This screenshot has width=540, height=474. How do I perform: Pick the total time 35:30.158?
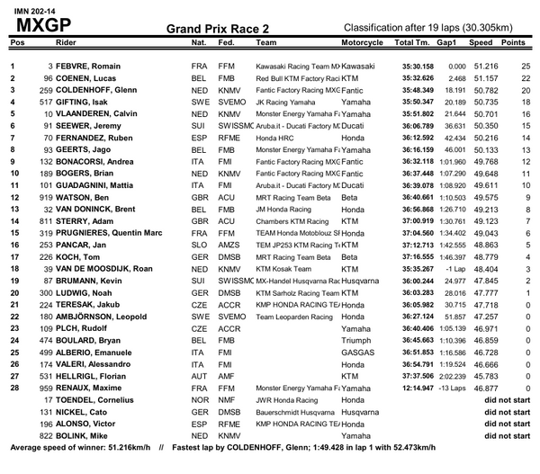[417, 67]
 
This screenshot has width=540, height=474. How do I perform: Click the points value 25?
[521, 67]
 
